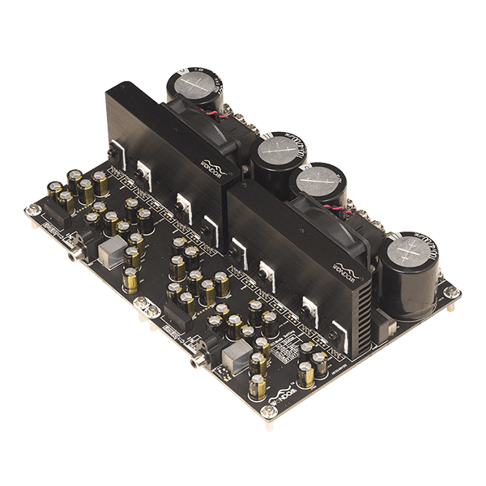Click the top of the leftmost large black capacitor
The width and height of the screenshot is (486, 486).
point(198,83)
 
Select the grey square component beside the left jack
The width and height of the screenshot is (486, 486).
point(108,254)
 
